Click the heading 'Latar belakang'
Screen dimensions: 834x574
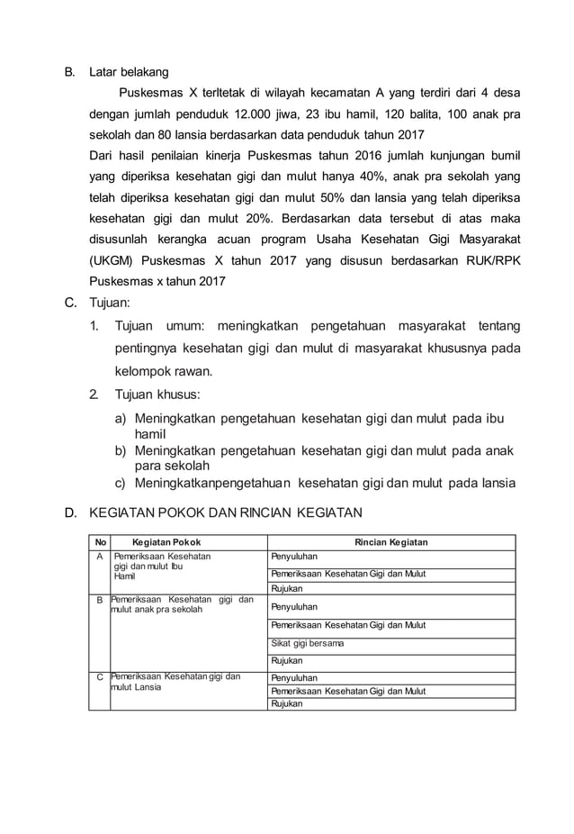point(128,70)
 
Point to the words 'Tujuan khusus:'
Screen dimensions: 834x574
point(157,394)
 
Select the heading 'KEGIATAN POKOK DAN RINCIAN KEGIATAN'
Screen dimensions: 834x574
point(225,513)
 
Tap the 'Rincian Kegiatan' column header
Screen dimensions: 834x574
point(390,542)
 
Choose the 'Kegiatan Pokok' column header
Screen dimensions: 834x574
point(166,542)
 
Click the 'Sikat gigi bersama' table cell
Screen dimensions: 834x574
point(308,643)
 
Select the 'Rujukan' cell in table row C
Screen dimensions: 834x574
point(286,704)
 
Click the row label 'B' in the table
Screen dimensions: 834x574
point(100,599)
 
